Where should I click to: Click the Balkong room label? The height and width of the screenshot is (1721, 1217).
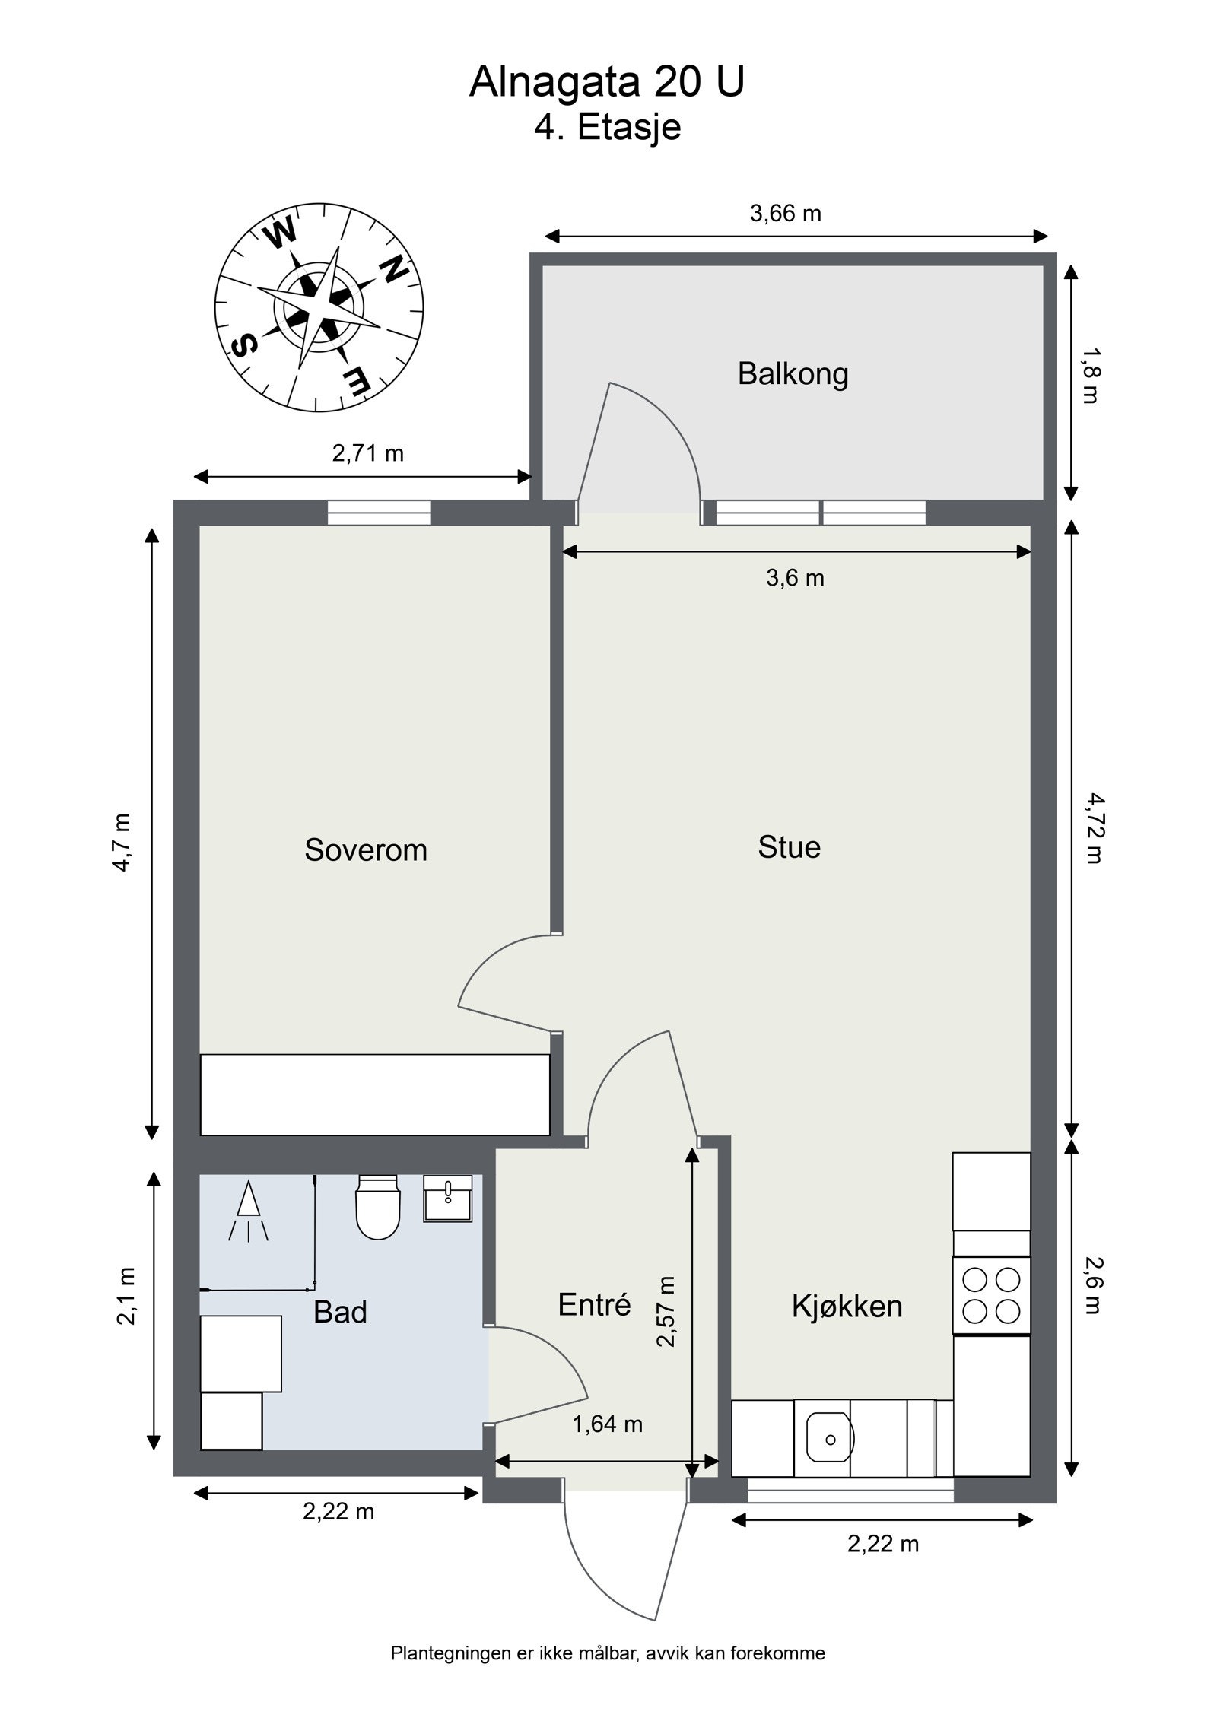point(793,374)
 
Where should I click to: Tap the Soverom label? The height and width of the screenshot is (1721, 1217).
point(366,849)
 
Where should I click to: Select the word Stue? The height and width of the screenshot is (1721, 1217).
point(789,847)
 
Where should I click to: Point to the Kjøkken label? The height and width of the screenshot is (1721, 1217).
point(847,1307)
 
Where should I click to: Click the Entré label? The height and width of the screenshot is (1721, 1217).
point(594,1304)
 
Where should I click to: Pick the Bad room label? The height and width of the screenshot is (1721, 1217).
point(340,1312)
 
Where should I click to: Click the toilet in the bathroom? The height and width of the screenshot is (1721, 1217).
point(377,1207)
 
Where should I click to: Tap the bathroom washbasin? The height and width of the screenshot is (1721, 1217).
point(447,1199)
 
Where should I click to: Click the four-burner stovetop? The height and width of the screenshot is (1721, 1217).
point(991,1294)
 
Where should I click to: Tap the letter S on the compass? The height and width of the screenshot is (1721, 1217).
point(243,348)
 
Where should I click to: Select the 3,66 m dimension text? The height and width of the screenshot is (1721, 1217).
point(786,214)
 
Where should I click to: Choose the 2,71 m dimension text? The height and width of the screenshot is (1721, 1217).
point(367,453)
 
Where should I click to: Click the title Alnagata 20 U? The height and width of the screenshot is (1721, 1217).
point(607,82)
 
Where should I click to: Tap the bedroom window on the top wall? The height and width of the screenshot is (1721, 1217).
point(379,513)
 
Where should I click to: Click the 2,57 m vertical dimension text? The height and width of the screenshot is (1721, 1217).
point(666,1311)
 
